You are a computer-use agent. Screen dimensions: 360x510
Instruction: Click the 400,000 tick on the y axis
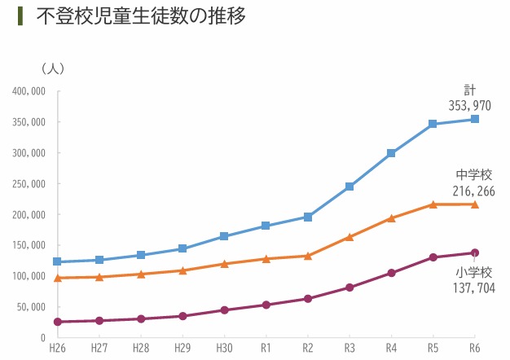coord(29,91)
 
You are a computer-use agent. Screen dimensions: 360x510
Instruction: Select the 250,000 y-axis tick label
coord(29,184)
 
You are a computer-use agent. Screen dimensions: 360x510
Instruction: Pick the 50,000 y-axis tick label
coord(30,307)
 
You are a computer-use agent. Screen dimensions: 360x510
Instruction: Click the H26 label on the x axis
coord(57,348)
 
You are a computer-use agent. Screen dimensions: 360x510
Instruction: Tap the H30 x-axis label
coord(224,348)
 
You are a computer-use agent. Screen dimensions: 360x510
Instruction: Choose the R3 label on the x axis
coord(350,348)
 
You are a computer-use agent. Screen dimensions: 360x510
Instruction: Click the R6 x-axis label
coord(475,348)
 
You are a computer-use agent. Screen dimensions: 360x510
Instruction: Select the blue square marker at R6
coord(475,120)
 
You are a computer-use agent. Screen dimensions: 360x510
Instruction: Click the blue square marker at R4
coord(391,153)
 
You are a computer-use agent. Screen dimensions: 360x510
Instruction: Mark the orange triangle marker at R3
coord(350,237)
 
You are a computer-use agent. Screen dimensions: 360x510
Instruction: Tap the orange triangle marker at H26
coord(57,278)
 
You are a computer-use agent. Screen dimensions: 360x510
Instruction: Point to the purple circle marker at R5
coord(433,257)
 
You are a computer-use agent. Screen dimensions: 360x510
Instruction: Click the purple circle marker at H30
coord(224,310)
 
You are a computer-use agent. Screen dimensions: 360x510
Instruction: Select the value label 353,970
coord(469,105)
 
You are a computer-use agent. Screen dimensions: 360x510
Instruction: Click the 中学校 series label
coord(473,175)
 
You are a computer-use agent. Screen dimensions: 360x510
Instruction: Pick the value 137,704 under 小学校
coord(473,288)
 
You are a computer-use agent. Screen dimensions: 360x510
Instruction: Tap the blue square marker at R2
coord(308,217)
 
